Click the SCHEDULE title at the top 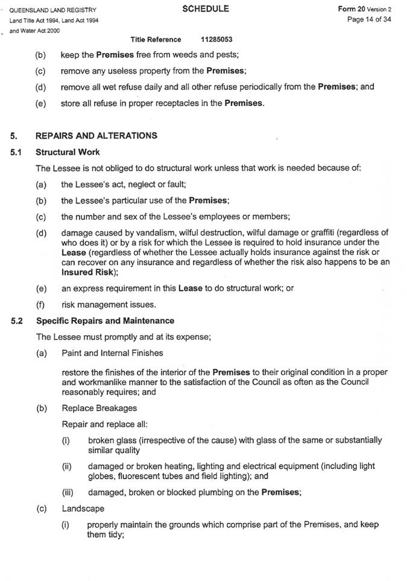[x=205, y=9]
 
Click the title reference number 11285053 [x=217, y=40]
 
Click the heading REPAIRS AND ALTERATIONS [x=96, y=136]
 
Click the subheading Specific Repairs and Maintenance [x=105, y=321]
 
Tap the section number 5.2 [x=17, y=321]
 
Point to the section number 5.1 [x=17, y=152]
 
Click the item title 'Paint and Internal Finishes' [x=112, y=353]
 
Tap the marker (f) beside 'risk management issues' [x=40, y=304]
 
